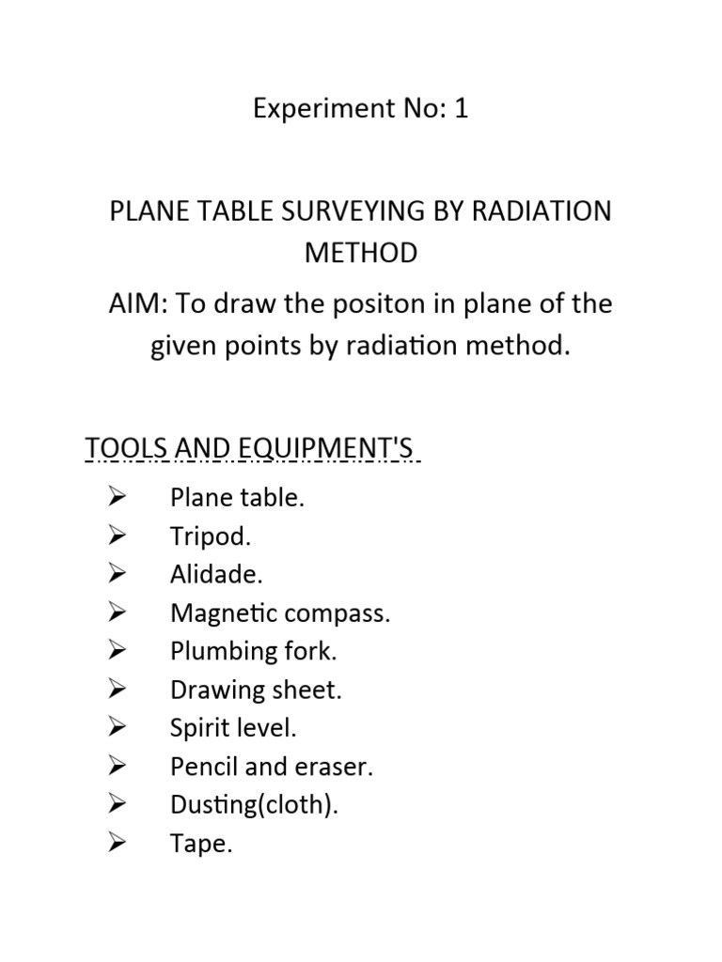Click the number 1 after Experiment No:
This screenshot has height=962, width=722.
point(460,110)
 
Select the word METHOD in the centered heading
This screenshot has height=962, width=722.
point(361,252)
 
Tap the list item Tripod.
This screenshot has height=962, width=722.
point(211,537)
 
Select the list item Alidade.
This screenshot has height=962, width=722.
point(216,575)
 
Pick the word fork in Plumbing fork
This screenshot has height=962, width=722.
point(314,652)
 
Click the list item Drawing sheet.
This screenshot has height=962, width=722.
point(256,690)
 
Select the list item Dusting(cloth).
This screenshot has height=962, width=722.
point(254,806)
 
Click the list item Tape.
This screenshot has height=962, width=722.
point(200,845)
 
